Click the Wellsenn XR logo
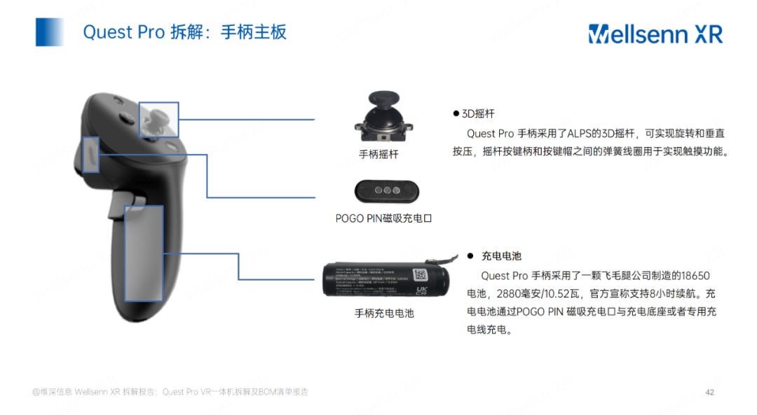click(655, 33)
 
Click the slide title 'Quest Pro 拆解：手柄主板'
click(184, 32)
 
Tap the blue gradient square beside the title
click(50, 32)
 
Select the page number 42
click(709, 392)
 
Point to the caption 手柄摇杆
click(378, 154)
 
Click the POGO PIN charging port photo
click(383, 190)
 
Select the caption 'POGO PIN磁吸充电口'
click(383, 218)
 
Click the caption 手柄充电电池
click(384, 314)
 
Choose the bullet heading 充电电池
click(501, 256)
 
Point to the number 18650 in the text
click(695, 276)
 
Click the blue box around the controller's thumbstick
click(159, 120)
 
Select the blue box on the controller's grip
click(144, 253)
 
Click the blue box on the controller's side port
click(91, 155)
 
